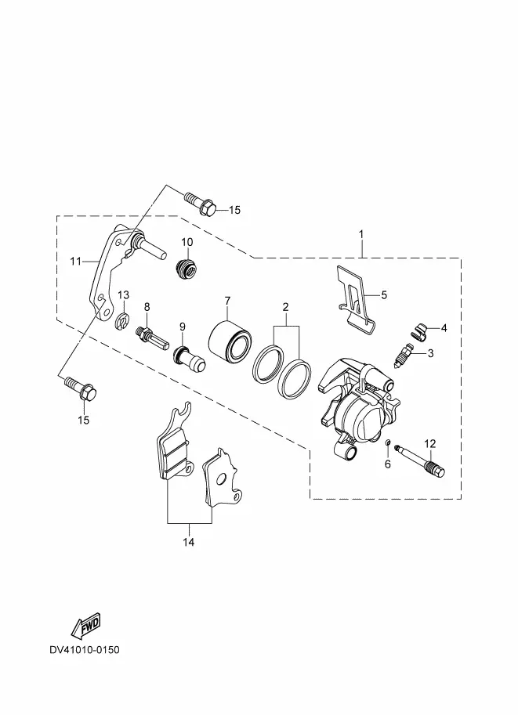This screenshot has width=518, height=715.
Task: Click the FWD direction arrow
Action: click(x=85, y=626)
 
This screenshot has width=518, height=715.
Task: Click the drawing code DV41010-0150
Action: click(x=85, y=649)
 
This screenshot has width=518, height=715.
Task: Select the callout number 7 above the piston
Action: click(x=227, y=301)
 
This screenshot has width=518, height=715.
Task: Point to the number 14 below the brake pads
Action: click(x=189, y=542)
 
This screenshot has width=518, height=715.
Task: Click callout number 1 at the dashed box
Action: click(x=361, y=234)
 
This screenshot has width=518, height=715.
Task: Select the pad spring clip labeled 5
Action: click(x=356, y=300)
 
